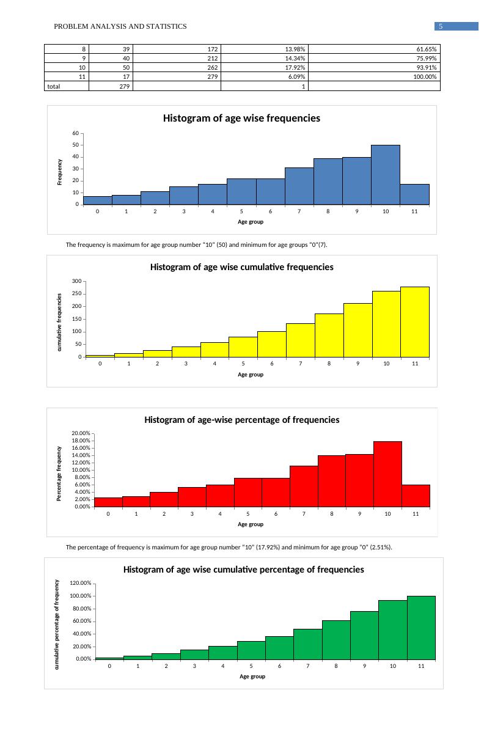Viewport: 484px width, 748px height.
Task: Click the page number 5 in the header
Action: (440, 26)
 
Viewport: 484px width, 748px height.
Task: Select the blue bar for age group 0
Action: (97, 200)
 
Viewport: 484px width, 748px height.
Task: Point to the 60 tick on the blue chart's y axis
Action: (76, 133)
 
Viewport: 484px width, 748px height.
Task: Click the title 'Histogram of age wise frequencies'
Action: (241, 119)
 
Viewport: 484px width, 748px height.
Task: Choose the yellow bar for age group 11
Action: (415, 322)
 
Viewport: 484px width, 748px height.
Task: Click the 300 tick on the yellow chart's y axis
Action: (76, 281)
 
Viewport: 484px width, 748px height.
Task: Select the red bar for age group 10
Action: (387, 474)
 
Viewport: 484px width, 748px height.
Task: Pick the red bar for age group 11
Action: (416, 496)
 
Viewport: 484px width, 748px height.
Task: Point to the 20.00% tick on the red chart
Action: (81, 433)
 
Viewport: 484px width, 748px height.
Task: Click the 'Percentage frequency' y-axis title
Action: (59, 474)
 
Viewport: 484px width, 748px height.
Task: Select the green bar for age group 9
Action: (364, 635)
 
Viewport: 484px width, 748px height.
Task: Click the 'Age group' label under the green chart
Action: (252, 676)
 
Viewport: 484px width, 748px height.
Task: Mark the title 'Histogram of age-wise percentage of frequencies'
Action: (241, 420)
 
